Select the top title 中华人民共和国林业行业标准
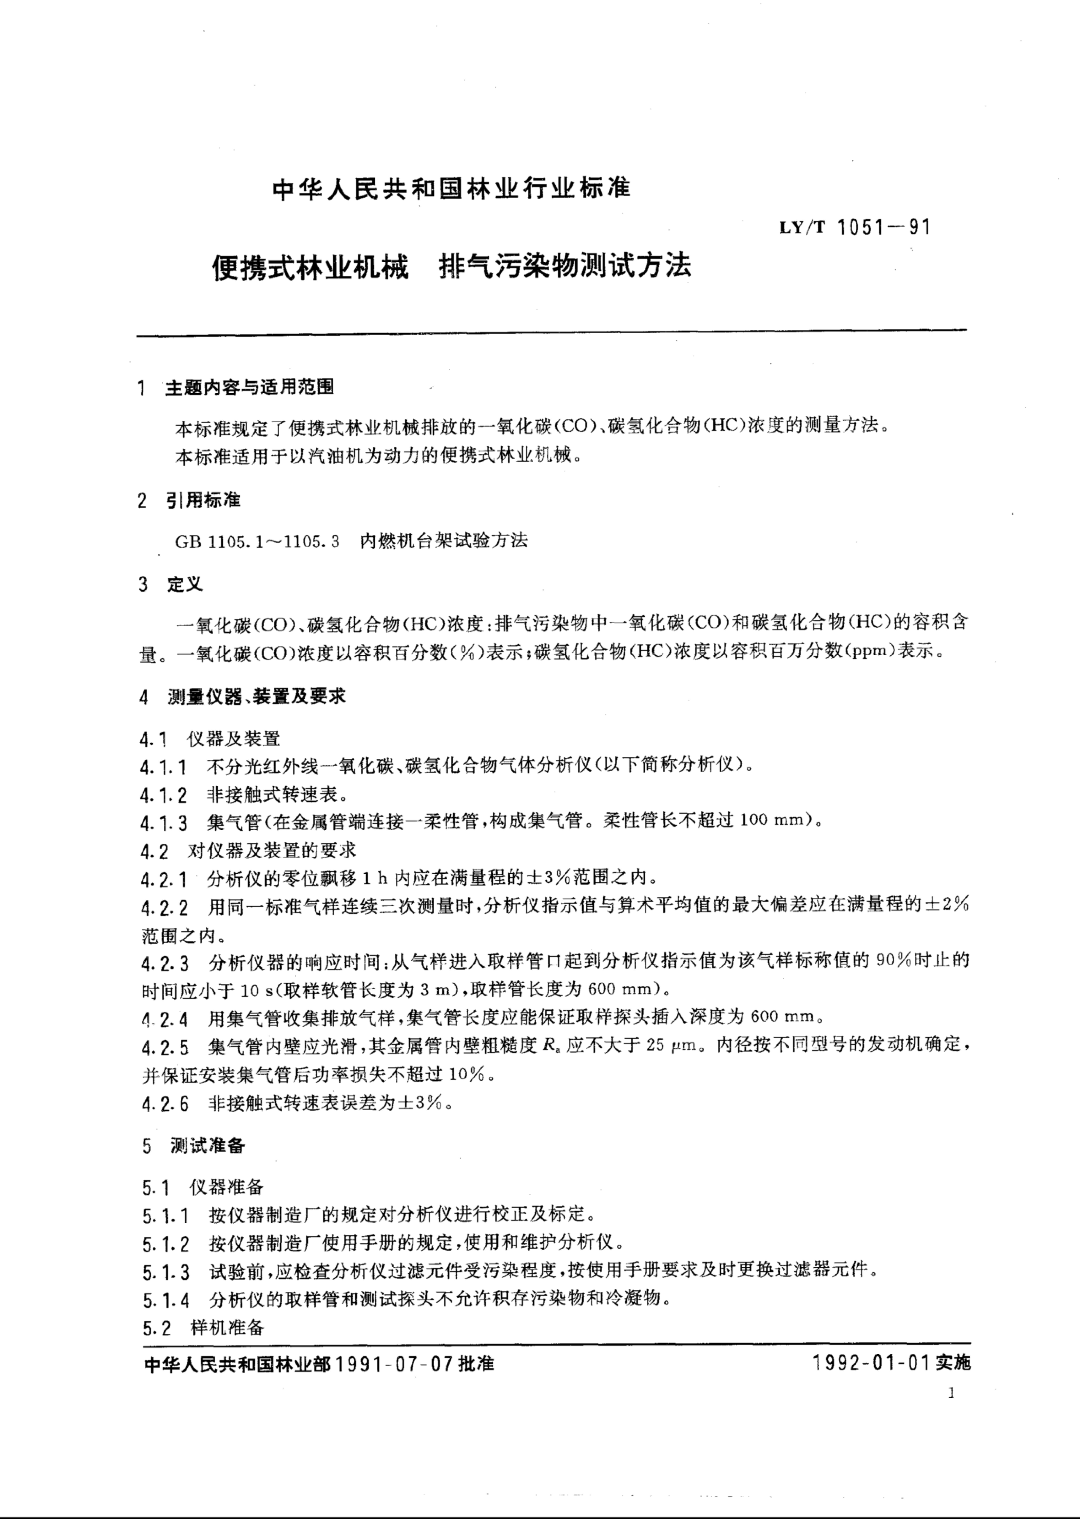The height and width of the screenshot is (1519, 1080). pos(452,189)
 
